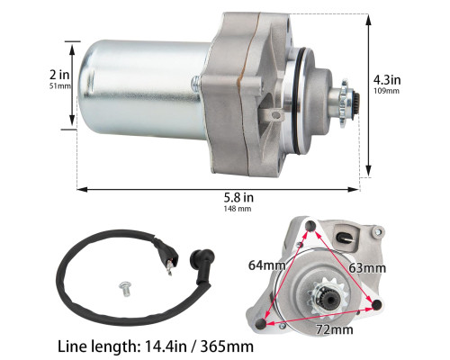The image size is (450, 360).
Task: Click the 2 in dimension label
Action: tap(59, 75)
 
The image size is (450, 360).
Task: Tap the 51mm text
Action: tap(60, 86)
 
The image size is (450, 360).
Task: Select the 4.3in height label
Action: tap(387, 80)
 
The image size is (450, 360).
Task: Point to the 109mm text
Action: tap(386, 91)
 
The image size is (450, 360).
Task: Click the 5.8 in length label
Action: tap(238, 197)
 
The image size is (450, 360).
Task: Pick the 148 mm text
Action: tap(238, 209)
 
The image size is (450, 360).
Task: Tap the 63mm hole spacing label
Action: tap(367, 268)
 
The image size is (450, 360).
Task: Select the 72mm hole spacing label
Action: tap(334, 329)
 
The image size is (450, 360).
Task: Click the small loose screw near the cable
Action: tap(124, 289)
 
